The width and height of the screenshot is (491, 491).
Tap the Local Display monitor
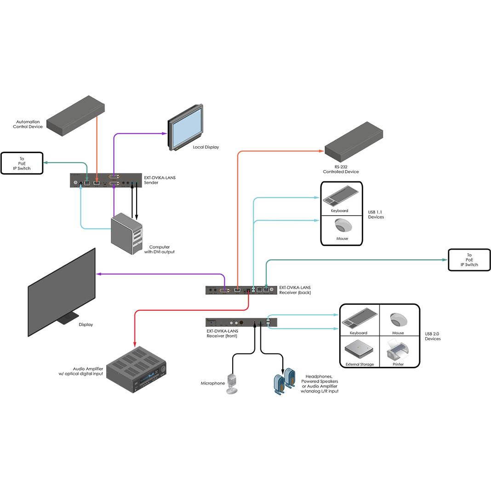click(x=186, y=127)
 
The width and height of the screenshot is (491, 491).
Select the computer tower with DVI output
click(x=127, y=234)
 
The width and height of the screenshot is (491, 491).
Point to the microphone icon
click(x=232, y=383)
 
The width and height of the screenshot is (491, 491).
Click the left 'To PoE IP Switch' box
click(x=22, y=164)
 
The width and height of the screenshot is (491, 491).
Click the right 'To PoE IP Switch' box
click(x=469, y=260)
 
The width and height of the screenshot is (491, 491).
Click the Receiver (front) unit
click(x=241, y=322)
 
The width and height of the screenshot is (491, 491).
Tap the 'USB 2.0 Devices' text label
click(x=433, y=337)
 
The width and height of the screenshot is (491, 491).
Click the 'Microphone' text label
click(x=213, y=383)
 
